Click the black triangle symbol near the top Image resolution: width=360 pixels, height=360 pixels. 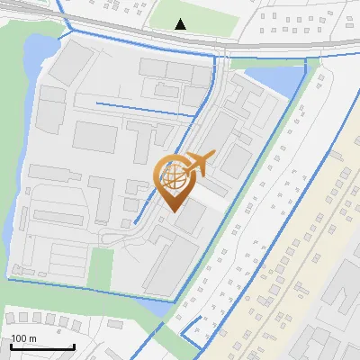(181, 23)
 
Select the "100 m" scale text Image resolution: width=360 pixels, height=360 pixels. (23, 338)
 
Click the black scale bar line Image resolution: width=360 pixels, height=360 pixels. (42, 346)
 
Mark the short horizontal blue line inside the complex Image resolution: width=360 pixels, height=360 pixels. (144, 109)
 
